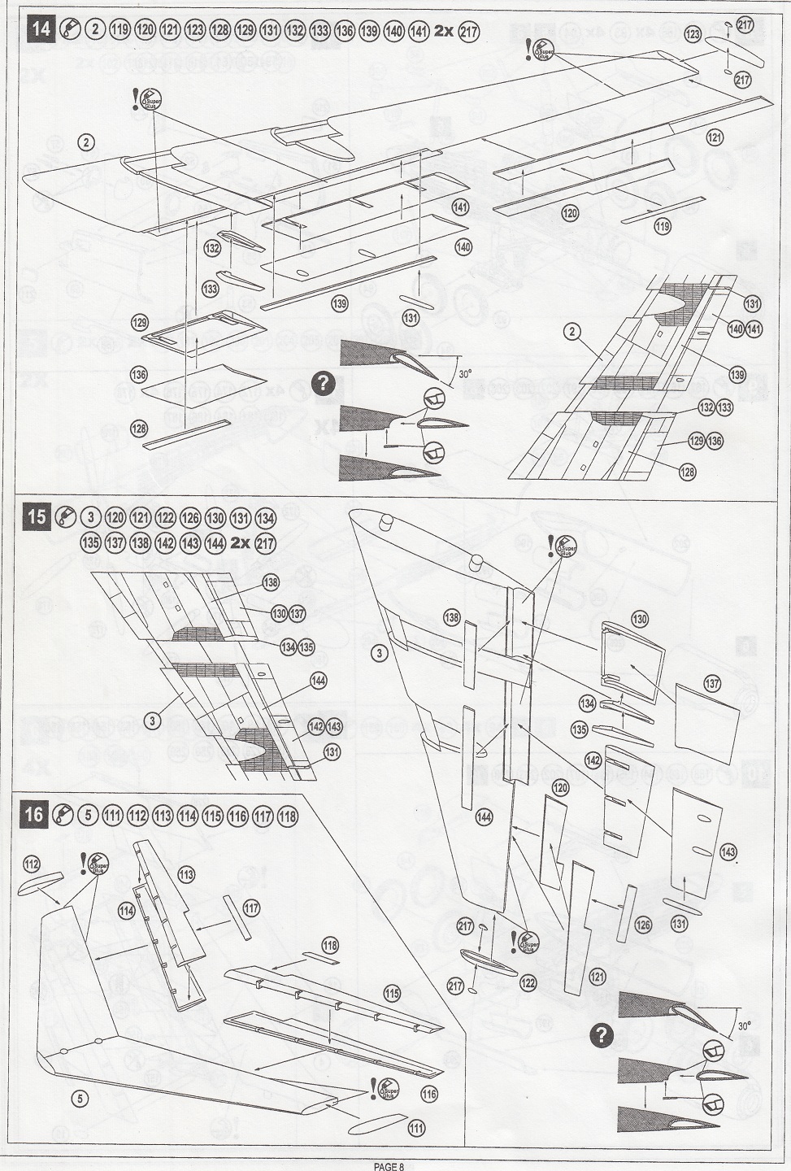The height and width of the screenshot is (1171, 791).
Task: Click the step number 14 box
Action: pyautogui.click(x=40, y=31)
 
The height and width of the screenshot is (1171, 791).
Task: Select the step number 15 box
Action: pyautogui.click(x=37, y=518)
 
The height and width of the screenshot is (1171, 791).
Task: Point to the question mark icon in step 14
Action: pyautogui.click(x=324, y=382)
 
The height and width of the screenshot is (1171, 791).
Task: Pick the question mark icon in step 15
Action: pyautogui.click(x=601, y=1035)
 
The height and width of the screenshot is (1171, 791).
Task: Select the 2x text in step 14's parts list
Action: pyautogui.click(x=445, y=32)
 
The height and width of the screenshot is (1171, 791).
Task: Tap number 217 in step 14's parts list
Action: pyautogui.click(x=469, y=32)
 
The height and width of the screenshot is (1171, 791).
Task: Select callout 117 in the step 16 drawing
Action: pyautogui.click(x=251, y=907)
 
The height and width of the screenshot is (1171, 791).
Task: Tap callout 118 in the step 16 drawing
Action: pyautogui.click(x=329, y=945)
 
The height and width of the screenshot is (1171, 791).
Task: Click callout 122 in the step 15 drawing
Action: pyautogui.click(x=528, y=982)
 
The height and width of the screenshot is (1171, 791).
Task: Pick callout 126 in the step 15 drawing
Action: pyautogui.click(x=643, y=925)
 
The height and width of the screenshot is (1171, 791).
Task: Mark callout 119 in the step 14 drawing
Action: pyautogui.click(x=663, y=227)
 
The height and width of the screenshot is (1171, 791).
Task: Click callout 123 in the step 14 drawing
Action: pyautogui.click(x=693, y=34)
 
